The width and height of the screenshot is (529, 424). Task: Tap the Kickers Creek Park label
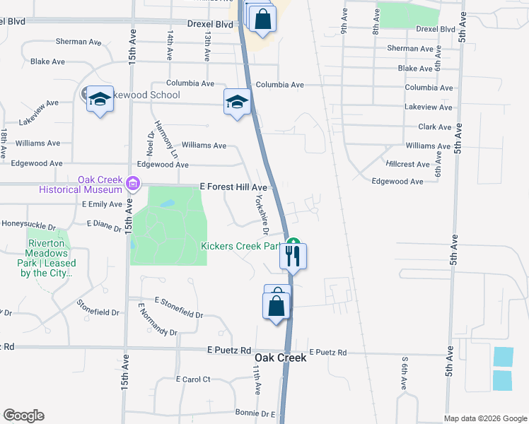pos(241,247)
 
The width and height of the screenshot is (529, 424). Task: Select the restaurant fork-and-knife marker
pos(293,256)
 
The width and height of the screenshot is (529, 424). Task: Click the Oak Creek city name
pos(281,358)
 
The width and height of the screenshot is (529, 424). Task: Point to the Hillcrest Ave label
pos(408,164)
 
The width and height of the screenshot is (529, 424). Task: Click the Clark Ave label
pos(434,127)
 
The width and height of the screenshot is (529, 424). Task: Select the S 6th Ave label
pos(405,374)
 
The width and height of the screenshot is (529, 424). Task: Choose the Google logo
pos(23,416)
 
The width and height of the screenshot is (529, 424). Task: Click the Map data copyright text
pos(484,418)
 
